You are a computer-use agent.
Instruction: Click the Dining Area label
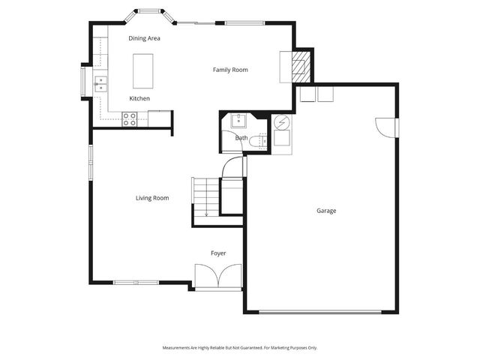click(144, 38)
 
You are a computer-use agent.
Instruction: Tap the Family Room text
click(230, 70)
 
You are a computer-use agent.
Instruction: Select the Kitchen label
click(139, 99)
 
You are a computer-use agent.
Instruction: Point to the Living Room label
click(151, 198)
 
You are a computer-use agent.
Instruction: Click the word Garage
click(326, 211)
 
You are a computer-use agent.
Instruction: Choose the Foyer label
click(217, 253)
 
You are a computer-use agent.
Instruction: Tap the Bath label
click(241, 138)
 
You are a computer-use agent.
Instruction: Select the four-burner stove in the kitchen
click(130, 118)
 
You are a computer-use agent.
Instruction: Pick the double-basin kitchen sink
click(100, 84)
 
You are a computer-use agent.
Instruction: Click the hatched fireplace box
click(300, 67)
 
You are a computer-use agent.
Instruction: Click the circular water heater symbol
click(282, 122)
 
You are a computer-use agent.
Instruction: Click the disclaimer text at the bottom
click(240, 347)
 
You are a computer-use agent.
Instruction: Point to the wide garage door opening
click(322, 311)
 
